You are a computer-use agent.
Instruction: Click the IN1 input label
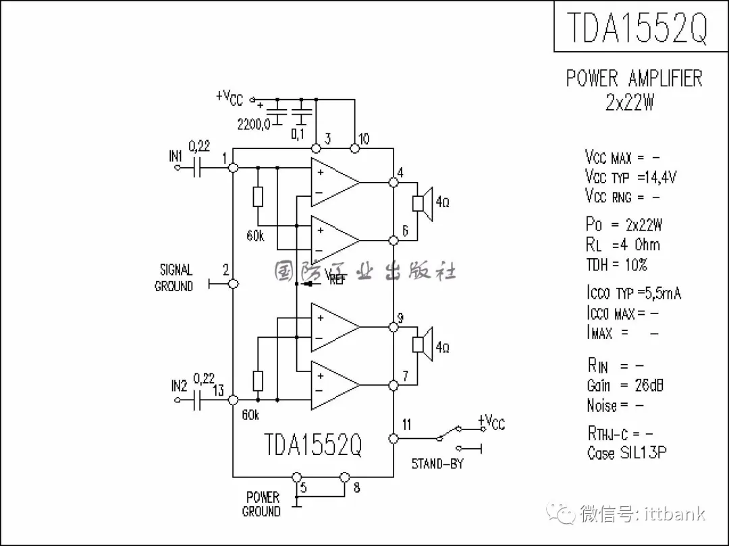click(x=176, y=156)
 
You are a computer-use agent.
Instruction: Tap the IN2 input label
click(x=179, y=387)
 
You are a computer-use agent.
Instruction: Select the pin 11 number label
click(x=406, y=425)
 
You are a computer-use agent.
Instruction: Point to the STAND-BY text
click(x=437, y=464)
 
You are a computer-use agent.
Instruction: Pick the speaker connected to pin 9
click(x=422, y=344)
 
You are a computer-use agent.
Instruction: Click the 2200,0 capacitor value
click(x=253, y=124)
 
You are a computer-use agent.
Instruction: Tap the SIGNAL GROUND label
click(x=174, y=278)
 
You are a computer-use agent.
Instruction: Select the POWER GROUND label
click(x=262, y=504)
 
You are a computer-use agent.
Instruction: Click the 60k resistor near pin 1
click(x=257, y=197)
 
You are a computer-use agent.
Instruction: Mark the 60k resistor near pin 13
click(x=257, y=381)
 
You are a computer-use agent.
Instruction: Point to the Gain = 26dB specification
click(x=624, y=386)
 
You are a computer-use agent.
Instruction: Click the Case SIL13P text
click(x=626, y=453)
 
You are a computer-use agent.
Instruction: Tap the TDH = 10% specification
click(x=616, y=265)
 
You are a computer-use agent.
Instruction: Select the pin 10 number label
click(x=364, y=139)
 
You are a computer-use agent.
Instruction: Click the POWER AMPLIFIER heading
click(x=634, y=78)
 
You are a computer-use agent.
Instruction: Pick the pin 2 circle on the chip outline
click(x=234, y=284)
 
